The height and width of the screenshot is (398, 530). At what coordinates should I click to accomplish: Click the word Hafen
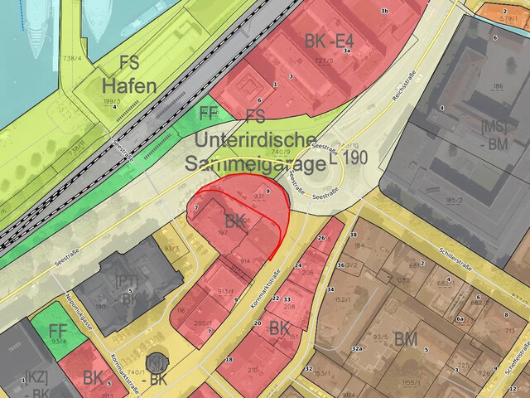[x=129, y=85]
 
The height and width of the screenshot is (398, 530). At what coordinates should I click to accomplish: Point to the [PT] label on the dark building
[x=128, y=282]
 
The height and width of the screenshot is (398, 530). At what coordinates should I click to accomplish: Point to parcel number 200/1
[x=203, y=323]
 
